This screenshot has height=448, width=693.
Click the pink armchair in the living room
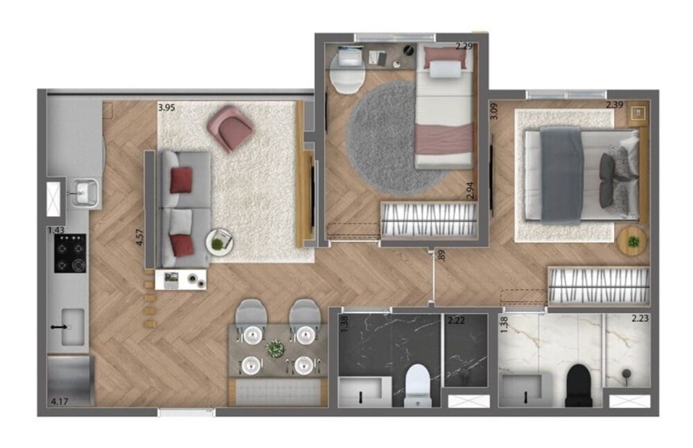(x=230, y=128)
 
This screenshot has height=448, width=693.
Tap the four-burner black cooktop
(x=71, y=253)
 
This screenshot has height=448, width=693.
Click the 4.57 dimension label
(x=140, y=233)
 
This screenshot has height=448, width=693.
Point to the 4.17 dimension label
(x=59, y=400)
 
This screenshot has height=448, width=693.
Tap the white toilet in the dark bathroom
(x=417, y=384)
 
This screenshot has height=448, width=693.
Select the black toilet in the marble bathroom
(x=579, y=385)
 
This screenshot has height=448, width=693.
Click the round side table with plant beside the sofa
(x=219, y=243)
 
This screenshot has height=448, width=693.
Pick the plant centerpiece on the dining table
(x=277, y=348)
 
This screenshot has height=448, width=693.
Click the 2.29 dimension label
(x=464, y=47)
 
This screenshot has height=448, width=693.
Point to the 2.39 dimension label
(x=615, y=105)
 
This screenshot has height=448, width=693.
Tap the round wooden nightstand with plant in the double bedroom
(x=632, y=240)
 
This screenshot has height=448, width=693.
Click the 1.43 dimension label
(x=55, y=230)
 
